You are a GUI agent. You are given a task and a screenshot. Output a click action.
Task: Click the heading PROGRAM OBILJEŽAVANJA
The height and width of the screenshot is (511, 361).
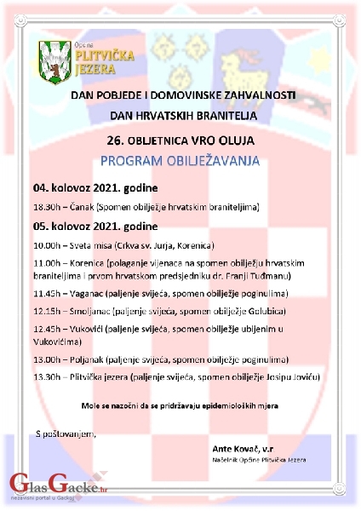[x=181, y=159]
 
